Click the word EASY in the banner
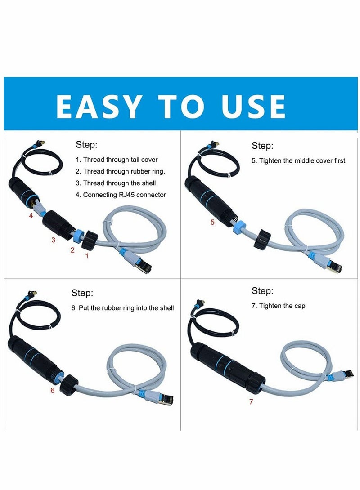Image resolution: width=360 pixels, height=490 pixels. click(99, 107)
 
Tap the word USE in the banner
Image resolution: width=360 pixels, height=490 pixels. click(253, 107)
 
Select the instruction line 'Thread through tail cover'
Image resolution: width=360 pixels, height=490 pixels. click(121, 160)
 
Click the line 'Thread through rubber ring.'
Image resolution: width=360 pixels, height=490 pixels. click(124, 171)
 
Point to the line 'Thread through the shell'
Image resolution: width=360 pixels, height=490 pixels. click(120, 183)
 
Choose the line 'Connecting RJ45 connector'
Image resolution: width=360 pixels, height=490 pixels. click(125, 195)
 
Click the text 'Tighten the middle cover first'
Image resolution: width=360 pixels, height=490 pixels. click(302, 160)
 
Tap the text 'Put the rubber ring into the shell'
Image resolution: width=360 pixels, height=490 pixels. click(126, 308)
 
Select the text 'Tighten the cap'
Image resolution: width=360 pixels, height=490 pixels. click(282, 306)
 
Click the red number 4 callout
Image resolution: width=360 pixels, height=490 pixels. click(31, 216)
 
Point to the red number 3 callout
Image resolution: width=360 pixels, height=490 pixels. click(54, 240)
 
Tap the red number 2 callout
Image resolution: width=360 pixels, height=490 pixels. click(72, 250)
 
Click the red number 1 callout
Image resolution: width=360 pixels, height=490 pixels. click(87, 256)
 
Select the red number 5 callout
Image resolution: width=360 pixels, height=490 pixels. click(213, 222)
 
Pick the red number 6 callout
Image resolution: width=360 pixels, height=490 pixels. click(53, 390)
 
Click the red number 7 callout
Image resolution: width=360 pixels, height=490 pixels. click(251, 401)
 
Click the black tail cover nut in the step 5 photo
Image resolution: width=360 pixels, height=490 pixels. click(262, 239)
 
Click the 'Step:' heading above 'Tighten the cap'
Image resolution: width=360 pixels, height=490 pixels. click(262, 291)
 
